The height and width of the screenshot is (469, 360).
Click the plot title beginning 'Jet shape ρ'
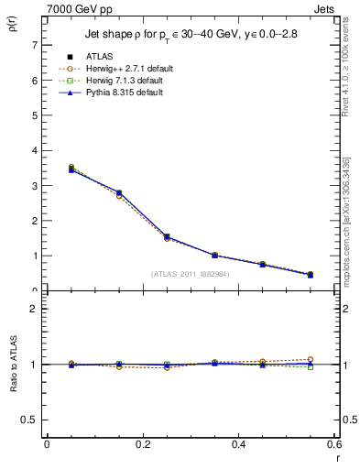pos(192,35)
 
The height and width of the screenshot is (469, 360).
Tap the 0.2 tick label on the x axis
pos(143,445)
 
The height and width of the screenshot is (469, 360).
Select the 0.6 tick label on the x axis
pos(336,445)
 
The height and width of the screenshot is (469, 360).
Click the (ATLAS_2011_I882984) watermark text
pos(191,273)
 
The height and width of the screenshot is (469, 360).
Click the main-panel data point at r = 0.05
pos(71,169)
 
